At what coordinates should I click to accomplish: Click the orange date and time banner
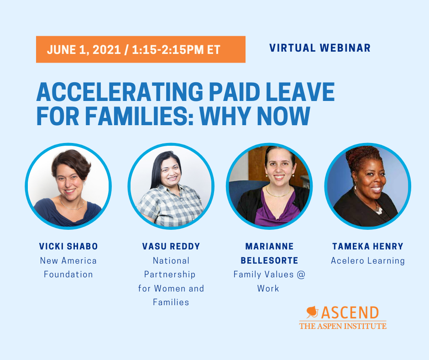141,49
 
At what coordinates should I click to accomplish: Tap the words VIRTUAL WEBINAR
320,48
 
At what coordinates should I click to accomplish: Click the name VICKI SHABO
68,246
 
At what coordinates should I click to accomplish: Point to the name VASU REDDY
171,246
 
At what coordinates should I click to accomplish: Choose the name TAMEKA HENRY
368,246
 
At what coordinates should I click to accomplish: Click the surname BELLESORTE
269,260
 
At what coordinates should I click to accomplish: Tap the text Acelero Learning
368,260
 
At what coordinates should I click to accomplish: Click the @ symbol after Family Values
301,274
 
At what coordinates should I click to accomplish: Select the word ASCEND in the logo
350,312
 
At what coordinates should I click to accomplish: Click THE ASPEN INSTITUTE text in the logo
343,326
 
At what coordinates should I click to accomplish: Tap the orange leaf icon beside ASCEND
313,312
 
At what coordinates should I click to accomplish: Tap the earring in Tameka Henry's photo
355,187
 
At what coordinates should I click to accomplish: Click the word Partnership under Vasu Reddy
170,275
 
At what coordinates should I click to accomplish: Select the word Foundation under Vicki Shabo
68,274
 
